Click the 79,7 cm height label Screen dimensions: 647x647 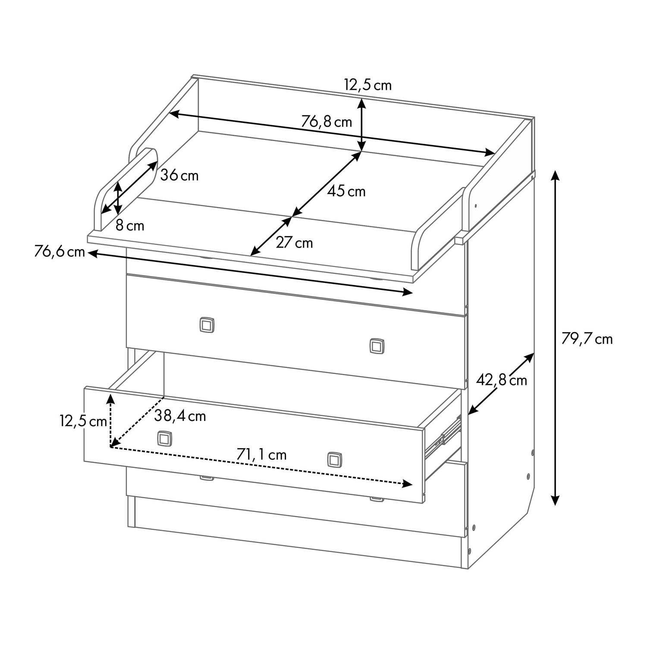click(587, 339)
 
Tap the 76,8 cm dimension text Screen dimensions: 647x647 click(327, 122)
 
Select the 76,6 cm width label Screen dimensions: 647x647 click(60, 252)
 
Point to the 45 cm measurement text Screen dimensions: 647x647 click(346, 191)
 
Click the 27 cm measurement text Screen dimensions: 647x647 click(294, 243)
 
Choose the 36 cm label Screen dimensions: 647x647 click(179, 176)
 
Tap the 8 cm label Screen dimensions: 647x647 click(130, 225)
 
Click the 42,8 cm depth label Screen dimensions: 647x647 click(502, 380)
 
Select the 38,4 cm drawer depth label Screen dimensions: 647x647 click(180, 416)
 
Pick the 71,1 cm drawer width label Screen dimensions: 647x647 click(261, 455)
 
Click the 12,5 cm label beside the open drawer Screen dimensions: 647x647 click(83, 421)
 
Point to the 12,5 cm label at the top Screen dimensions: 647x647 click(368, 85)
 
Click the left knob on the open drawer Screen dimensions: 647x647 click(164, 438)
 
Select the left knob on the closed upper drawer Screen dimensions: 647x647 click(207, 324)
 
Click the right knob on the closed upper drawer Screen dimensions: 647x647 click(377, 346)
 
